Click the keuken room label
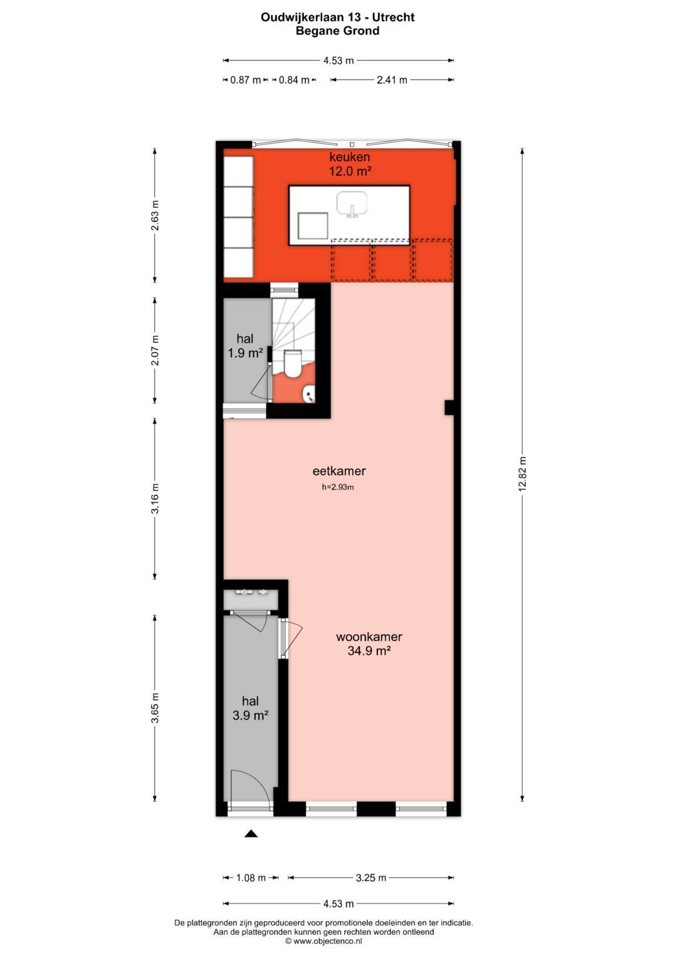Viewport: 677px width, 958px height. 350,164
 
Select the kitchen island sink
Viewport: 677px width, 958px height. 352,205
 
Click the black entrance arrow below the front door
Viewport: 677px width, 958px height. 251,833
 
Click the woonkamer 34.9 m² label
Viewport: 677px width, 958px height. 369,644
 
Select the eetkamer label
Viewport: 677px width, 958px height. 339,471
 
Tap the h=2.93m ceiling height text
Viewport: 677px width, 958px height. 338,487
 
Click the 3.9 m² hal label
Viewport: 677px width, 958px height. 250,708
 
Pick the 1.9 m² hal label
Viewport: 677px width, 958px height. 245,346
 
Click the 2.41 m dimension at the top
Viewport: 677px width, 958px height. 392,80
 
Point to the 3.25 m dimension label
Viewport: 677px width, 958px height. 370,878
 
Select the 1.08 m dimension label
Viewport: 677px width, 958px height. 251,878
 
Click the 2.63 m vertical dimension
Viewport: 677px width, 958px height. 155,215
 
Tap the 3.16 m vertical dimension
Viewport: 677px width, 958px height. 155,499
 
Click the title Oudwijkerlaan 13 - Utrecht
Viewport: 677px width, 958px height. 337,18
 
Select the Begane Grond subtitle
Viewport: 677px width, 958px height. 337,31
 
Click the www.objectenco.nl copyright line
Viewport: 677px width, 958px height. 323,941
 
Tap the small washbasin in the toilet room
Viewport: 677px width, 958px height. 308,395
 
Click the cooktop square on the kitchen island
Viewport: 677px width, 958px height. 313,226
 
